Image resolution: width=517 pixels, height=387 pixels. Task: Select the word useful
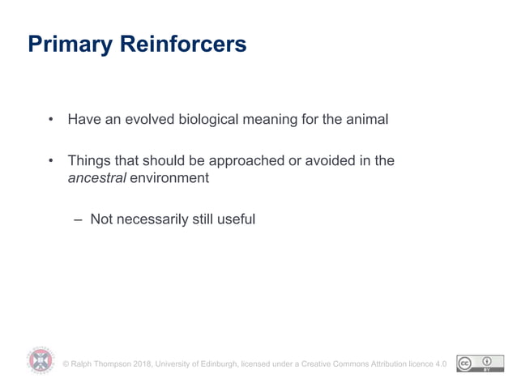tap(237, 219)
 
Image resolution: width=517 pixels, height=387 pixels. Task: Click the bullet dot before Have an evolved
tap(50, 121)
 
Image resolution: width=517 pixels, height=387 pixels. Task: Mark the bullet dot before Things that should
tap(50, 161)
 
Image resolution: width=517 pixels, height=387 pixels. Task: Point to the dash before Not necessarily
tap(77, 219)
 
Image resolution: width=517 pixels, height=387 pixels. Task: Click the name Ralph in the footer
tap(84, 364)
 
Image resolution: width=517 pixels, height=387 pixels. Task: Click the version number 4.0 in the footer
tap(441, 364)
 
